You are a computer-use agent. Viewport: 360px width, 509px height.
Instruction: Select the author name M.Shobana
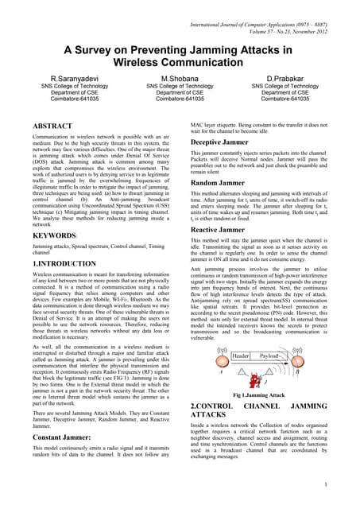point(180,80)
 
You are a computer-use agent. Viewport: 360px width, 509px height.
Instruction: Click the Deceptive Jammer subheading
point(223,144)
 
